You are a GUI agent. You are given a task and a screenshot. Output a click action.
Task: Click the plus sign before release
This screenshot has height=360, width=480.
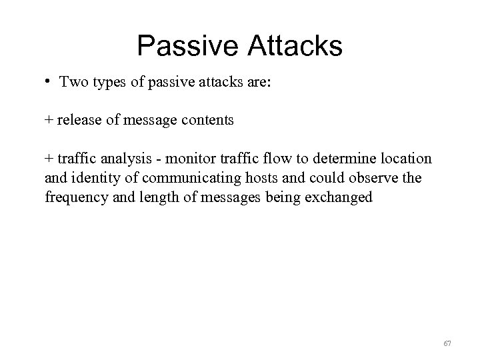(x=49, y=121)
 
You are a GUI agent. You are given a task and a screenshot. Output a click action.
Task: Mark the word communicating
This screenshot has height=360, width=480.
(x=177, y=179)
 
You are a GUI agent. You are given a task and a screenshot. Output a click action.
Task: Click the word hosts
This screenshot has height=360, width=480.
(x=247, y=179)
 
